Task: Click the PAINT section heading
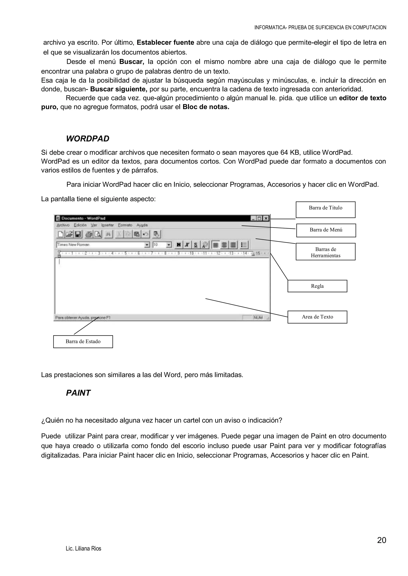pyautogui.click(x=78, y=393)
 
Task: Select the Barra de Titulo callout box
pyautogui.click(x=325, y=209)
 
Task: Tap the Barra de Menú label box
pyautogui.click(x=326, y=230)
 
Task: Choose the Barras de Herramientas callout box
pyautogui.click(x=325, y=251)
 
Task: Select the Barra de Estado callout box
pyautogui.click(x=83, y=342)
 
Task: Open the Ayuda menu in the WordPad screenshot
pyautogui.click(x=142, y=225)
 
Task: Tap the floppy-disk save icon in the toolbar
pyautogui.click(x=78, y=234)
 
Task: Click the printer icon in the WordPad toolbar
pyautogui.click(x=88, y=234)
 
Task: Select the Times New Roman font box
pyautogui.click(x=100, y=244)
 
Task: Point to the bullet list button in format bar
pyautogui.click(x=244, y=245)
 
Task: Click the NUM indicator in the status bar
pyautogui.click(x=258, y=318)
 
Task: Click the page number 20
pyautogui.click(x=381, y=540)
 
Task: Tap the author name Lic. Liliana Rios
pyautogui.click(x=83, y=549)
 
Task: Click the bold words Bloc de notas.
pyautogui.click(x=206, y=107)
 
